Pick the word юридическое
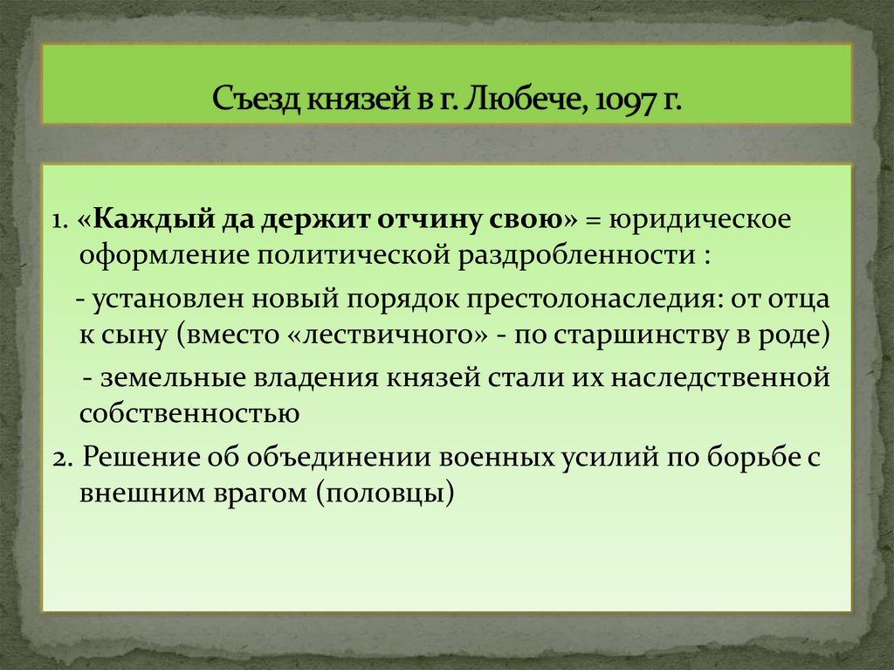(701, 218)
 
